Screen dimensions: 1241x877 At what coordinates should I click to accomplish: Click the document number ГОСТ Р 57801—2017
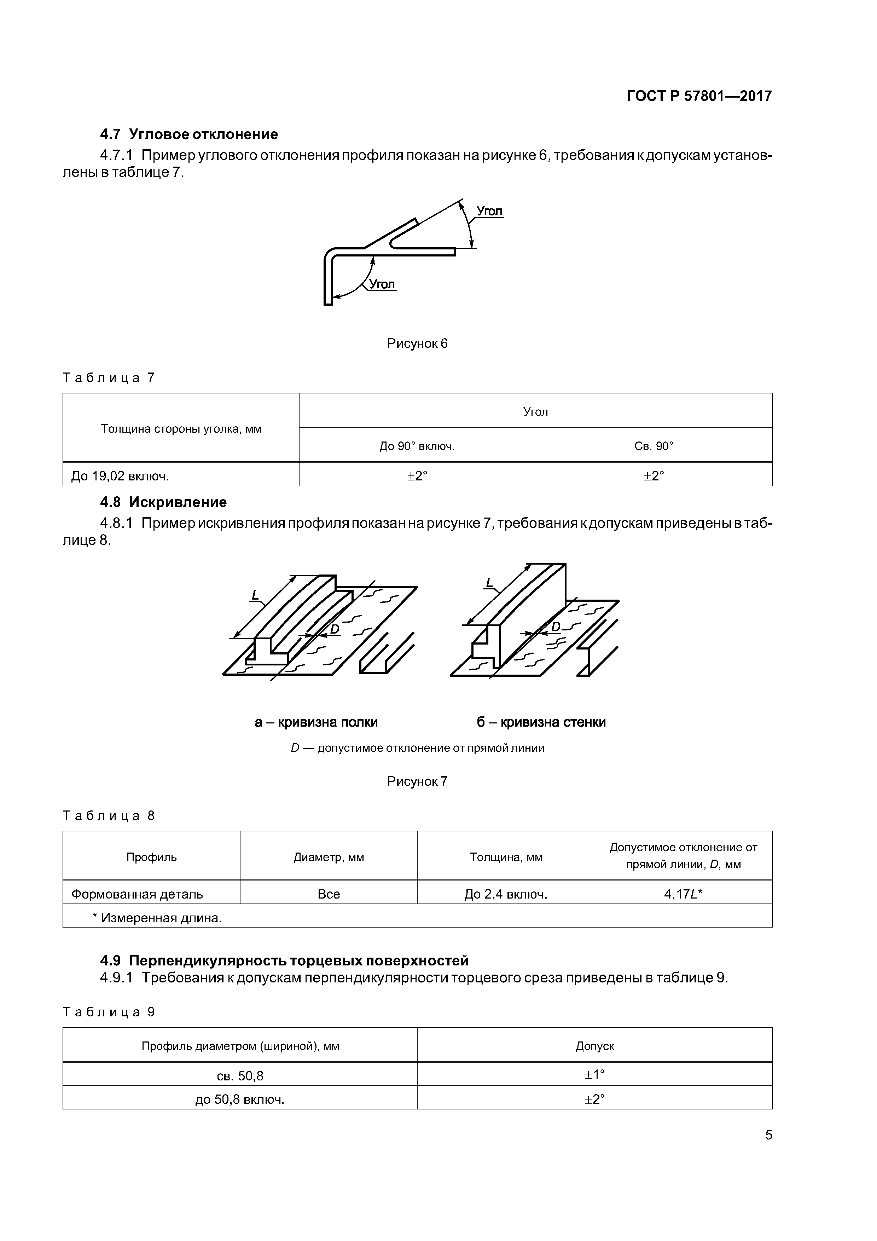coord(699,96)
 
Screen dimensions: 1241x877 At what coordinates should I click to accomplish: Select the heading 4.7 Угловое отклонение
coord(189,134)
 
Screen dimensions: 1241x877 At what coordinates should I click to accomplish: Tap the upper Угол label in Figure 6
coord(489,211)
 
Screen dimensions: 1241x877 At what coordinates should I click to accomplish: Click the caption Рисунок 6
coord(417,344)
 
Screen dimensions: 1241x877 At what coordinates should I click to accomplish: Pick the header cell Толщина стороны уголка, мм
coord(181,429)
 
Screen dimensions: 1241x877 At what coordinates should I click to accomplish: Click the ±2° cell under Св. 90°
coord(654,476)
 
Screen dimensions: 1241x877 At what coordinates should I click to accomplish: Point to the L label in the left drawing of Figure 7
coord(255,595)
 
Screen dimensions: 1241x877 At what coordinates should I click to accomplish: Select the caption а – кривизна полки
coord(316,722)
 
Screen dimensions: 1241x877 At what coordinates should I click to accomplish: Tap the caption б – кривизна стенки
coord(541,722)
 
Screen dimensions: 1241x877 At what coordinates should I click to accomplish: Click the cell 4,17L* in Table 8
coord(683,894)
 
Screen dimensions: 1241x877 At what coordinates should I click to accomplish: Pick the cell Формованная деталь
coord(137,894)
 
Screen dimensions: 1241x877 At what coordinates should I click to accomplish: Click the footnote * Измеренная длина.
coord(157,918)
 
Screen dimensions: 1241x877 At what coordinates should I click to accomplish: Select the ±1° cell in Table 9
coord(594,1074)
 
